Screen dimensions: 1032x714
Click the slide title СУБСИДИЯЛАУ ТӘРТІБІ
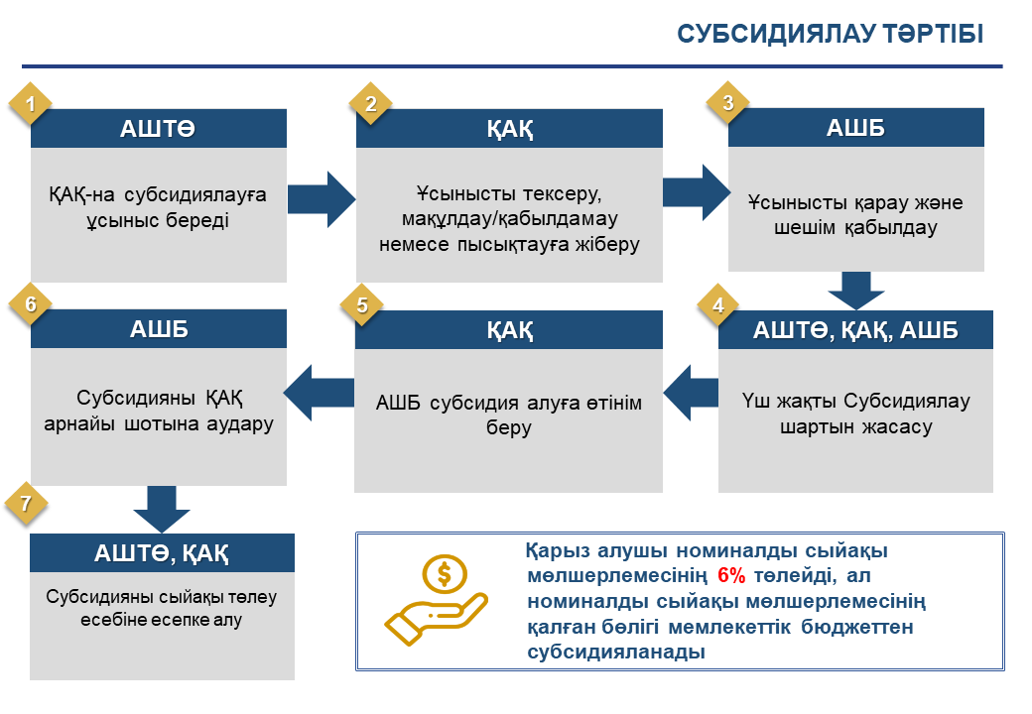[x=830, y=34]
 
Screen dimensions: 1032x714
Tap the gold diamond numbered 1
[x=31, y=103]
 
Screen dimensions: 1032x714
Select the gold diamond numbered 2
[x=370, y=103]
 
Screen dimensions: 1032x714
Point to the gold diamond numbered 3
[x=728, y=102]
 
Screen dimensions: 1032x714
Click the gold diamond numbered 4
[x=718, y=305]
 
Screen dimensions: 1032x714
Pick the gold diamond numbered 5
[x=361, y=305]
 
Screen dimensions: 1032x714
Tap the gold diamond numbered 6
[x=31, y=303]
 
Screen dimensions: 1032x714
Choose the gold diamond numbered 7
[x=26, y=504]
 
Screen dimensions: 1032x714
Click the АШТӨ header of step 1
[x=159, y=128]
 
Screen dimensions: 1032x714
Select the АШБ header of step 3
[x=855, y=128]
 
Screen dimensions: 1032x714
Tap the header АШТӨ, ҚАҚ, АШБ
[x=855, y=329]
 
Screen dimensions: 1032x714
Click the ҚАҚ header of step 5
[x=509, y=329]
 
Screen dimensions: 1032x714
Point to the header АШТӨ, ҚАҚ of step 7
[x=162, y=553]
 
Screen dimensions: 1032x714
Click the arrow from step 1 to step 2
[x=322, y=199]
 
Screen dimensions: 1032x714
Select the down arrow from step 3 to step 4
[x=856, y=291]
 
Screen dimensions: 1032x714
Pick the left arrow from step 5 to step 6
[x=319, y=393]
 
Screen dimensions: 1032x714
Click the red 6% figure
[x=731, y=575]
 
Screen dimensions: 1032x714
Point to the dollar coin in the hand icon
[x=445, y=574]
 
